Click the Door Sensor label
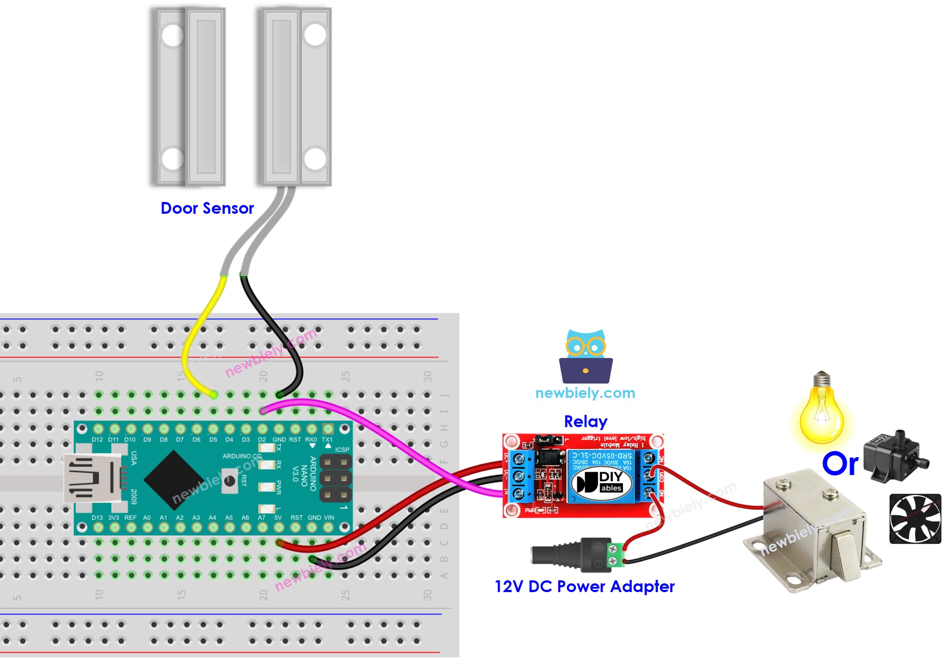coord(207,208)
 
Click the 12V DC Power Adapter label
coord(584,586)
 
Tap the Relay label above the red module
coord(585,421)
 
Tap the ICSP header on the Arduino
coord(335,478)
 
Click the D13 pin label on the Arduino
coord(97,518)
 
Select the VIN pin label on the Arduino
coord(329,518)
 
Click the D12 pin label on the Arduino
coord(97,440)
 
